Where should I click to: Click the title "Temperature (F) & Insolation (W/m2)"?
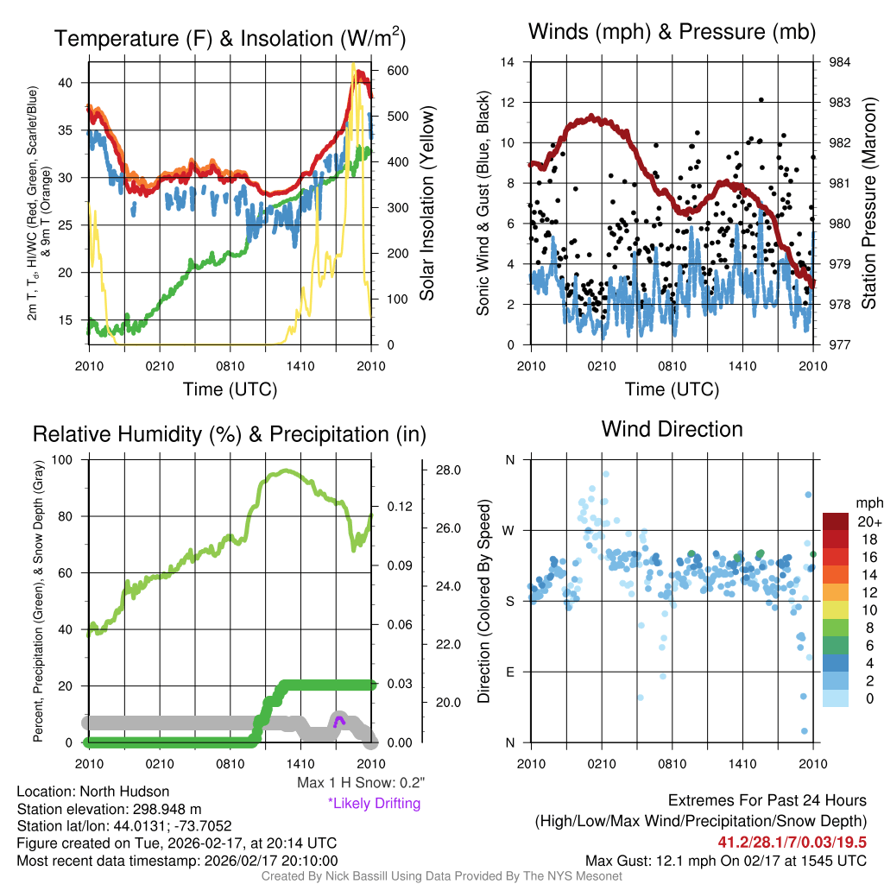click(230, 38)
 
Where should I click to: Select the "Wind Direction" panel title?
click(672, 429)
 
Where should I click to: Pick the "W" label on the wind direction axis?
click(509, 530)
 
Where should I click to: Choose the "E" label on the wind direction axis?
click(510, 672)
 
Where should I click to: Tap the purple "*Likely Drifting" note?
click(374, 804)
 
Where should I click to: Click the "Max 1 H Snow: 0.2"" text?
click(360, 783)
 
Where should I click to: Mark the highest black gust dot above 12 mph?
click(761, 100)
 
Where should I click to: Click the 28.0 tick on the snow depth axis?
click(447, 470)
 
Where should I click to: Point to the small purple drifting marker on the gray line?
click(338, 719)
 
